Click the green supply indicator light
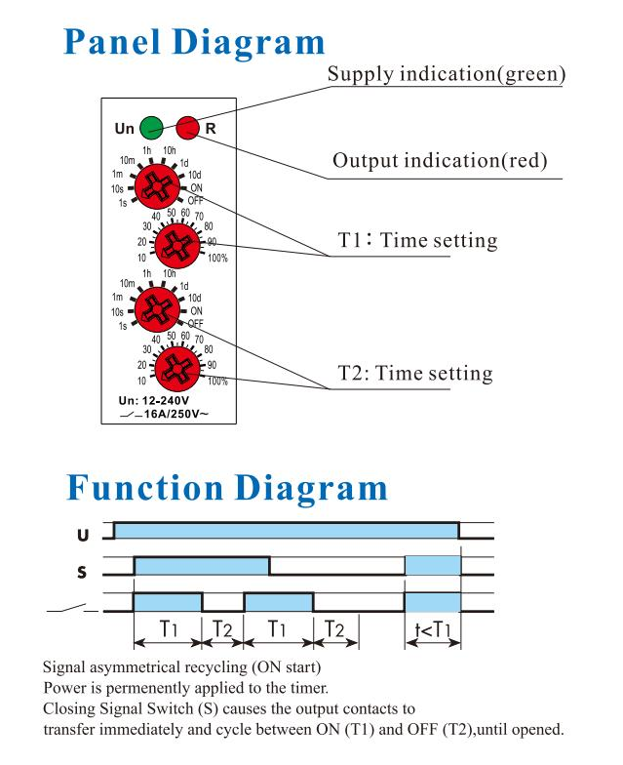tap(152, 128)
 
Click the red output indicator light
tap(187, 127)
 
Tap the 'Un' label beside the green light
tap(125, 129)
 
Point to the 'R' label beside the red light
tap(211, 129)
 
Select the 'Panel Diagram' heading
tap(194, 43)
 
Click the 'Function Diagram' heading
tap(227, 488)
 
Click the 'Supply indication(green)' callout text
tap(447, 74)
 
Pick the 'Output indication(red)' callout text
tap(440, 160)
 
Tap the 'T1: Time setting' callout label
tap(417, 240)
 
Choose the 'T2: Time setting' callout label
tap(415, 373)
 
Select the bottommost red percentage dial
tap(177, 369)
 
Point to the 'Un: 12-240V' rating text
tap(154, 400)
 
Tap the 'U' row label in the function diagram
tap(83, 535)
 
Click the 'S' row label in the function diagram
tap(82, 572)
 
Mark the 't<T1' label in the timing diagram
tap(433, 629)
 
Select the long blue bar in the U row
tap(287, 531)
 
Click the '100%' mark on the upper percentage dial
tap(217, 258)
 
